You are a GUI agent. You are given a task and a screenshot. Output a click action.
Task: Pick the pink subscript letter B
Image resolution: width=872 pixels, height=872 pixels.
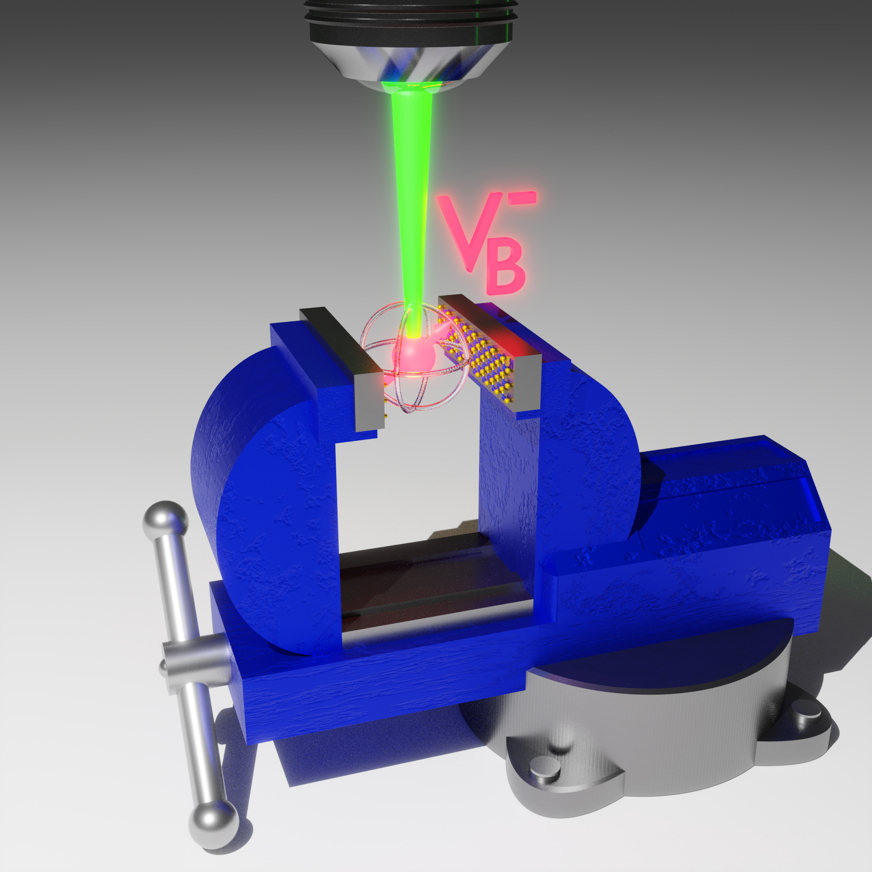coord(506,270)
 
